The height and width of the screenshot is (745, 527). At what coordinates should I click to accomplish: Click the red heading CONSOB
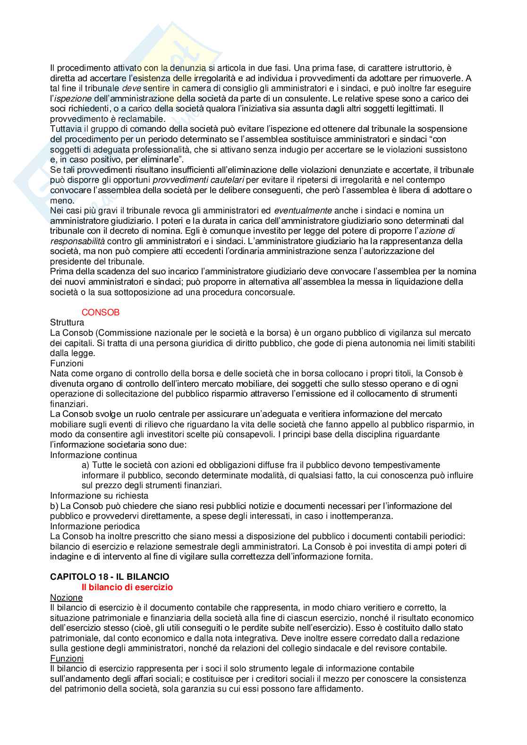[x=101, y=313]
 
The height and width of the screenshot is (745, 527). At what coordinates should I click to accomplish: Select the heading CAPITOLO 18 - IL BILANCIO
[x=110, y=577]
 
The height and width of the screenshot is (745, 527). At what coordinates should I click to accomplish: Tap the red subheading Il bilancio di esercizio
[x=127, y=587]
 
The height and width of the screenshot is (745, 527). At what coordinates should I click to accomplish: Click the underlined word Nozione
[x=66, y=598]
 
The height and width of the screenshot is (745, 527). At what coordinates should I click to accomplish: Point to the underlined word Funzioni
[x=67, y=659]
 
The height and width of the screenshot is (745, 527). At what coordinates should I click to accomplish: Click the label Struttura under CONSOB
[x=67, y=323]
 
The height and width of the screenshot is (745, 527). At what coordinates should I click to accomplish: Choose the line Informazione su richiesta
[x=99, y=496]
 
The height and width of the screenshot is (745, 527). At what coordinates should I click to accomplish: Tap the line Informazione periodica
[x=95, y=526]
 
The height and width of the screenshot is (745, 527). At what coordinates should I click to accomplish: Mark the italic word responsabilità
[x=77, y=241]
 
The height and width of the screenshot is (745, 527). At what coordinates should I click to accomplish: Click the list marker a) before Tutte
[x=85, y=466]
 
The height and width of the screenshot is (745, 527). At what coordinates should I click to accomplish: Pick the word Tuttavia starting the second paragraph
[x=66, y=129]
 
